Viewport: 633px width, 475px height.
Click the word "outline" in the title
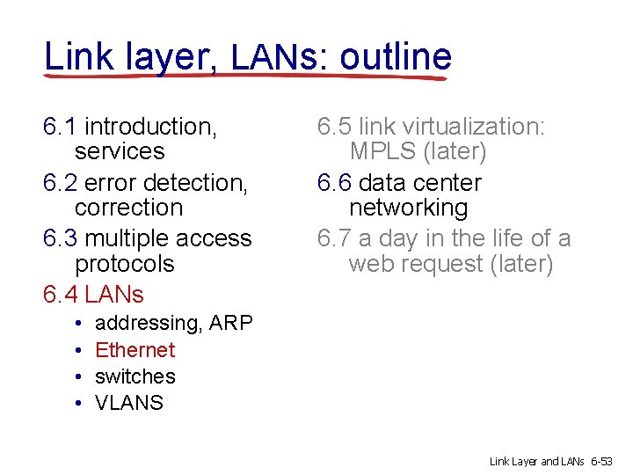396,57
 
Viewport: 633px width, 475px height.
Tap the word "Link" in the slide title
75,57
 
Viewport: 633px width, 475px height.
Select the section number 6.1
60,127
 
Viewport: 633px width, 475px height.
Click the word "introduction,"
151,127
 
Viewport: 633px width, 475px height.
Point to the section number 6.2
60,183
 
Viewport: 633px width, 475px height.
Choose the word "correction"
128,208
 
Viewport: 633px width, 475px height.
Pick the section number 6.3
60,238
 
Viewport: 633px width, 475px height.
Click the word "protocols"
124,264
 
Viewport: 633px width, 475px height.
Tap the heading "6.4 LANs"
93,294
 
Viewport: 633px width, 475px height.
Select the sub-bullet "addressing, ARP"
173,324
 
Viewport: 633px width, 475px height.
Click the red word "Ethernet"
135,350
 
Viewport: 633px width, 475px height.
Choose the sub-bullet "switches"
135,376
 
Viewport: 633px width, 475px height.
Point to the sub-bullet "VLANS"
128,403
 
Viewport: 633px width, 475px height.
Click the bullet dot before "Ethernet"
78,351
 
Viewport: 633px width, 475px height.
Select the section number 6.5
334,127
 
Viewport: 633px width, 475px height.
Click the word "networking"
408,208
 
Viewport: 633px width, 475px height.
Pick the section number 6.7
334,238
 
